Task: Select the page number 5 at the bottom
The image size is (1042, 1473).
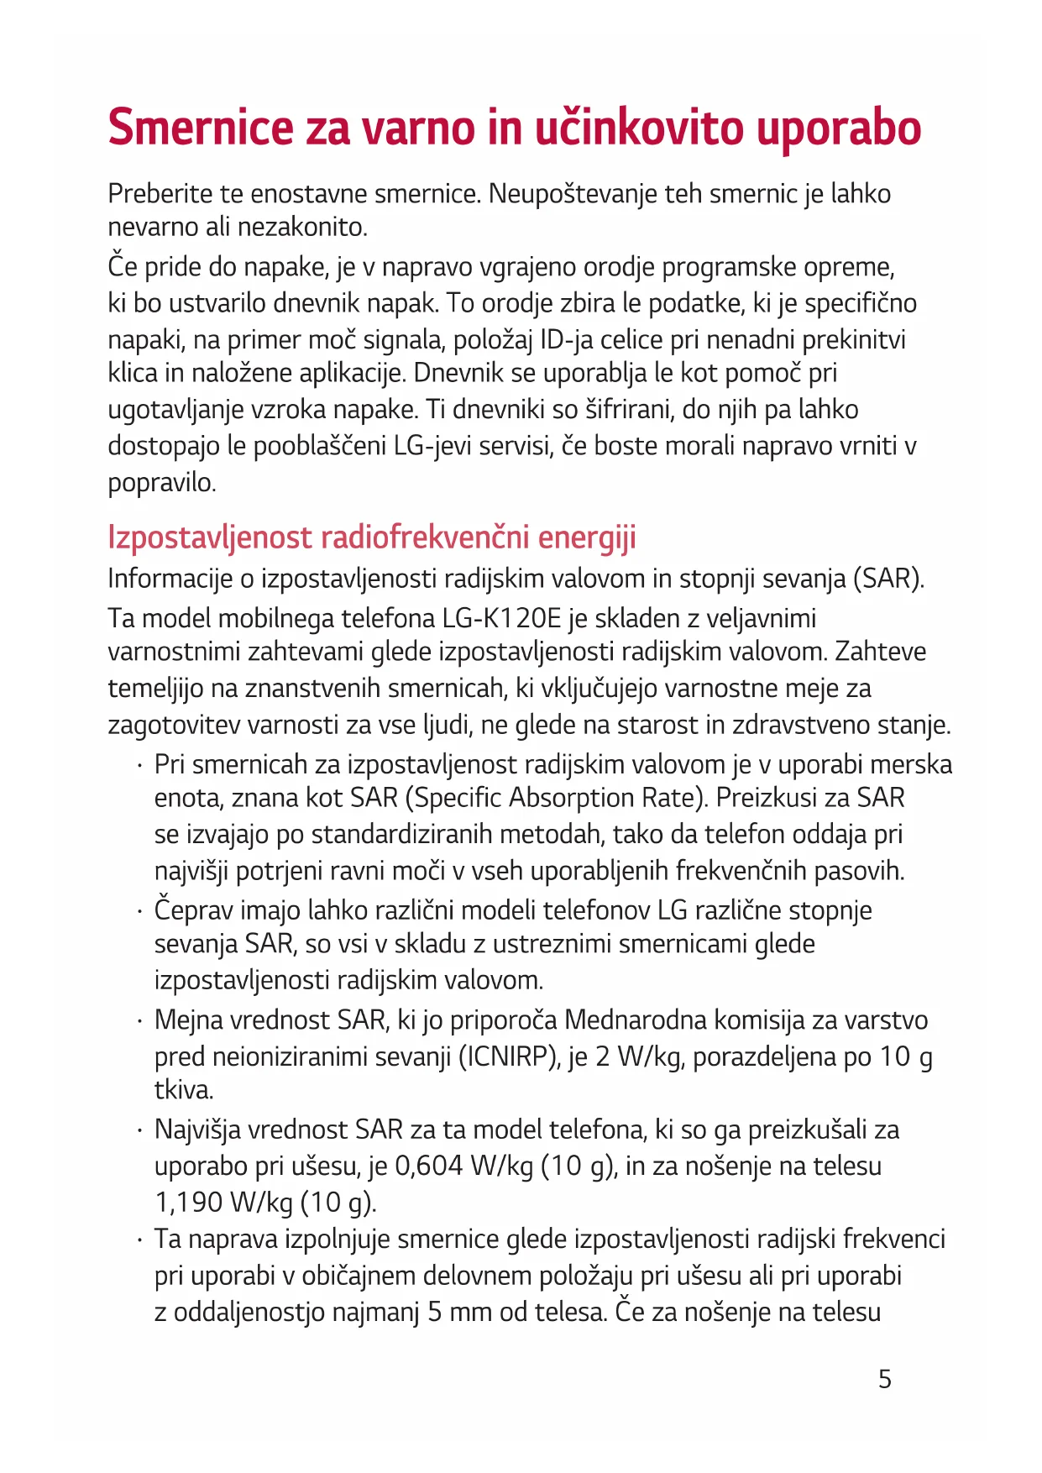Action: [884, 1379]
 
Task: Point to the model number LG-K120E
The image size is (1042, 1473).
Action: [501, 618]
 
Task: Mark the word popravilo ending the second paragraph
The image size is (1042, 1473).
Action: [161, 482]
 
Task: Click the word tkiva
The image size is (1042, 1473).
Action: [184, 1089]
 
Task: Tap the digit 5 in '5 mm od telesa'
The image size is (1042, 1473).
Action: [434, 1312]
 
